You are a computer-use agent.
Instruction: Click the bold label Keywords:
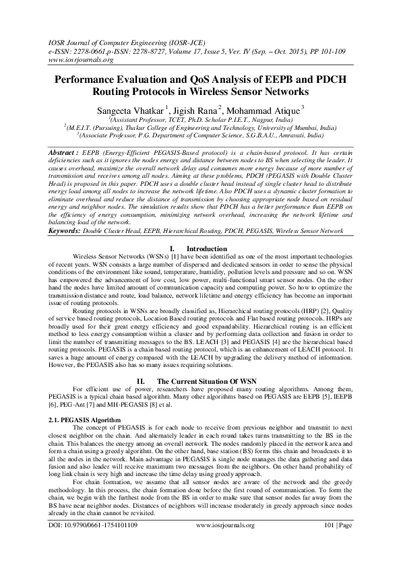point(65,230)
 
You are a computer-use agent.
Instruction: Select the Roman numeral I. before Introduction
point(173,248)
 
